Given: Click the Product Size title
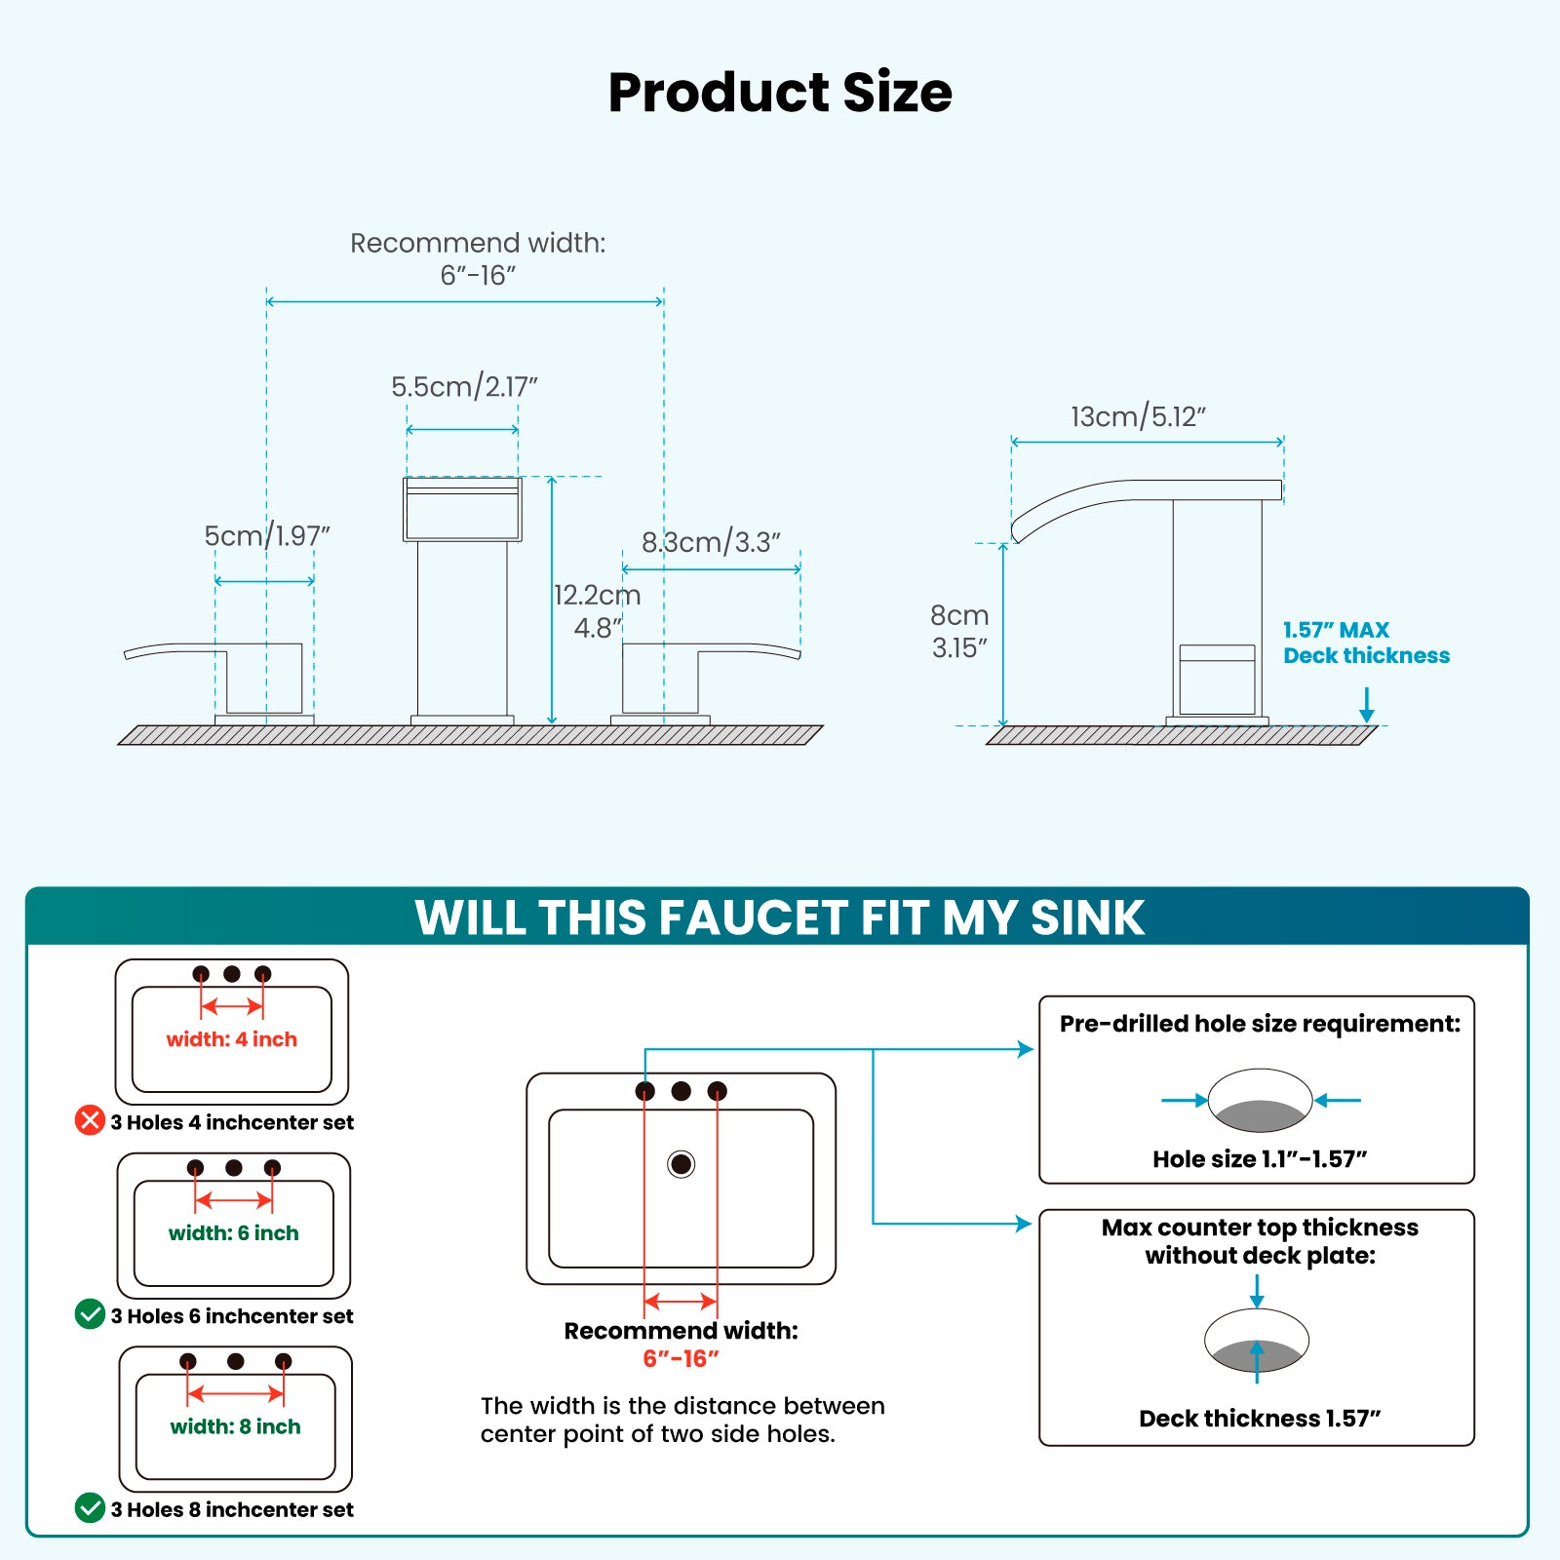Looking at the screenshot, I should click(x=780, y=93).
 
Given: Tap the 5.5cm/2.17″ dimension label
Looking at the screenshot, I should click(x=464, y=387).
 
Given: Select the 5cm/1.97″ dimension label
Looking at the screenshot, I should click(x=266, y=536).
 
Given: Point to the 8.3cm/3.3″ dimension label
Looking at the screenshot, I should click(x=711, y=542).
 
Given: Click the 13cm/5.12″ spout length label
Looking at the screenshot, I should click(x=1138, y=417).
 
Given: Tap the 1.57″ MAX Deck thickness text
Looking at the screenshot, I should click(x=1365, y=643).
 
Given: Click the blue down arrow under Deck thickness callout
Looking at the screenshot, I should click(x=1366, y=705).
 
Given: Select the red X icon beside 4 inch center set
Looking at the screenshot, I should click(x=90, y=1120).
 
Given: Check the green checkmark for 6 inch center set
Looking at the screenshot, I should click(x=90, y=1314).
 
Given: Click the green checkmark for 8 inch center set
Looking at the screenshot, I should click(x=90, y=1507).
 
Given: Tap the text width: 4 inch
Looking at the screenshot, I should click(x=231, y=1039).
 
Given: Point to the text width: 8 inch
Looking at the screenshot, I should click(x=235, y=1426).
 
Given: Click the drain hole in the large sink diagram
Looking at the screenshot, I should click(x=681, y=1163).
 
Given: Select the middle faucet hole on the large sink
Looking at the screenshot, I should click(x=681, y=1091).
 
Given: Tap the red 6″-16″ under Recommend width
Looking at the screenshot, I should click(x=681, y=1358).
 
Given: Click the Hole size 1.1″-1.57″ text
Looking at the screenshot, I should click(x=1259, y=1159).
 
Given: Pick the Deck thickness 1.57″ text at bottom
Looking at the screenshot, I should click(x=1259, y=1419).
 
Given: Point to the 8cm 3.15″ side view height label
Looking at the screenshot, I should click(x=959, y=631).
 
